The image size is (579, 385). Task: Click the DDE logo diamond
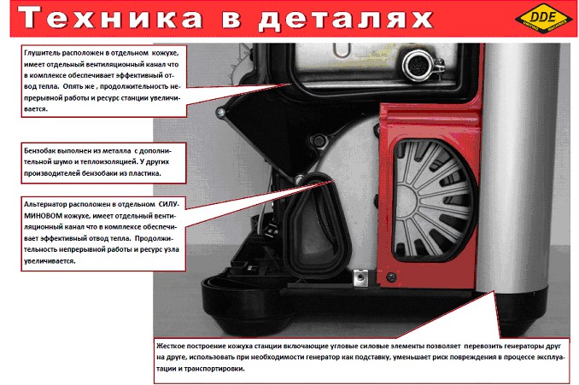point(543,18)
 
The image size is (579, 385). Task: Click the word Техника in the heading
point(110,17)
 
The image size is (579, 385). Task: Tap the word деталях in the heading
point(345,19)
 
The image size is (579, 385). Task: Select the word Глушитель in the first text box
point(42,53)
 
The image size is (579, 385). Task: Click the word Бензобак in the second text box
point(39,150)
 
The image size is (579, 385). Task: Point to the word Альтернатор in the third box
point(45,204)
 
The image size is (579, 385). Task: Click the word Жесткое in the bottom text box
point(170,346)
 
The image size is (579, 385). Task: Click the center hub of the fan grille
point(407,201)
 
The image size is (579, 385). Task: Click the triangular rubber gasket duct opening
point(314,226)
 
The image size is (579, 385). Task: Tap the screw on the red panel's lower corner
point(390,277)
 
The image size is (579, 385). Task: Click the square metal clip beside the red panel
point(360,277)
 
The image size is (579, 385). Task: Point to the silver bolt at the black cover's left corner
point(221,112)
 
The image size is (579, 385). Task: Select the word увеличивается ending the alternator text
point(50,261)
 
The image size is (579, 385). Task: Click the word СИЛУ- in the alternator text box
point(169,204)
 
